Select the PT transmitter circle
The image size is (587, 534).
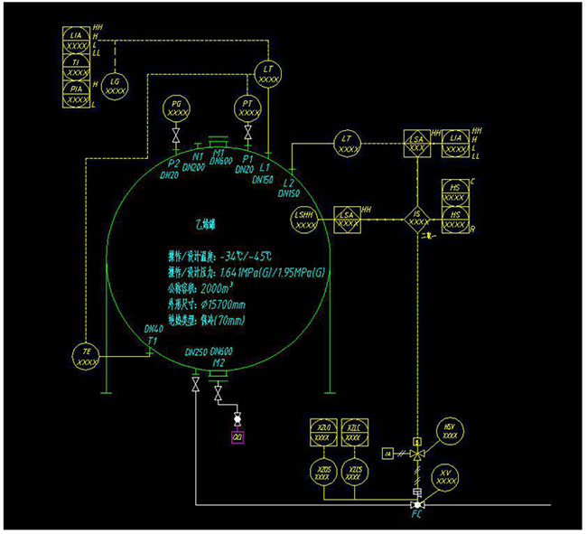coord(247,108)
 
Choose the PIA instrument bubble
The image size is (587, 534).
coord(79,93)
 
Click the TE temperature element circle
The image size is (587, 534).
coord(87,356)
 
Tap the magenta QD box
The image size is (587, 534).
coord(238,437)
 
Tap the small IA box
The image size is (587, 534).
coord(387,452)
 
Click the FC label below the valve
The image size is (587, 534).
coord(416,519)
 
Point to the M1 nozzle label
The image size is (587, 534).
coord(219,155)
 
